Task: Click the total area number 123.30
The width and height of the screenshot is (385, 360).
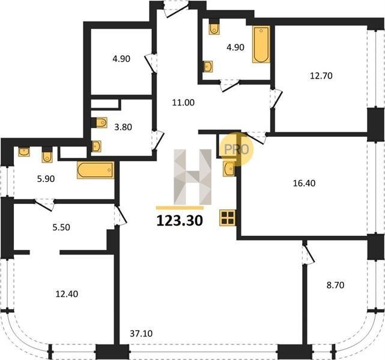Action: click(180, 220)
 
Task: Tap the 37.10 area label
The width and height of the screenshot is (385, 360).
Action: click(141, 334)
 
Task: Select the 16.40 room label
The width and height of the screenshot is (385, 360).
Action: click(305, 183)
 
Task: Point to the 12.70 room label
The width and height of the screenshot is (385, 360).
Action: click(321, 76)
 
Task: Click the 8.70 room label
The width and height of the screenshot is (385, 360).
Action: click(335, 285)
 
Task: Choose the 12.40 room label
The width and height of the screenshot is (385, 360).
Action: click(67, 293)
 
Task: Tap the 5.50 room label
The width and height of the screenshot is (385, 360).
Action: click(61, 227)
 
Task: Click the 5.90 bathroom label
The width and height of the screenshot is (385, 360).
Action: click(46, 179)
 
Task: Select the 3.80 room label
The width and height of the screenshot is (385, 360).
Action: click(123, 127)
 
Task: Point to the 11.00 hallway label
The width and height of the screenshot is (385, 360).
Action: click(183, 102)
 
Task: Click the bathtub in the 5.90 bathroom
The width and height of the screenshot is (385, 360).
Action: click(95, 170)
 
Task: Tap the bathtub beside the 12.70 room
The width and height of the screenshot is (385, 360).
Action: click(261, 44)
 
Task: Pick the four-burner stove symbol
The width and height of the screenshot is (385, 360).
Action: click(228, 218)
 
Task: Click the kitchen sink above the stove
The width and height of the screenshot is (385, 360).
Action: click(229, 169)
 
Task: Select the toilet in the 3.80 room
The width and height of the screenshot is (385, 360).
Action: click(101, 122)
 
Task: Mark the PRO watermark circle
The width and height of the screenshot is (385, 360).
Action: click(236, 149)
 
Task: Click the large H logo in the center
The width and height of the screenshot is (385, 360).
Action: click(192, 177)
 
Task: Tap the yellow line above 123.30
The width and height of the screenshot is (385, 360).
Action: click(180, 208)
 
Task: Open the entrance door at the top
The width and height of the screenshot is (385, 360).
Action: click(177, 9)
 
